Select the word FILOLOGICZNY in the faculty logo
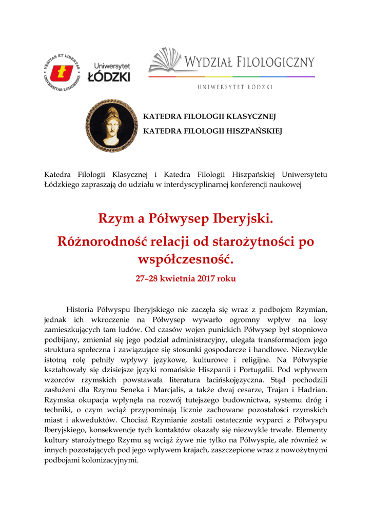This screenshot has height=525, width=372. pos(276,63)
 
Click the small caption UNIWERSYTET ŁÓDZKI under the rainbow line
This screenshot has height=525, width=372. pos(235,87)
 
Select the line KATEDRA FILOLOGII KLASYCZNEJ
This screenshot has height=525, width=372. pos(209,117)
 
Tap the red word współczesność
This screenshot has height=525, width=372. pos(186,259)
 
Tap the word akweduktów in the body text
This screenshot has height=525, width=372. pos(88,420)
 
